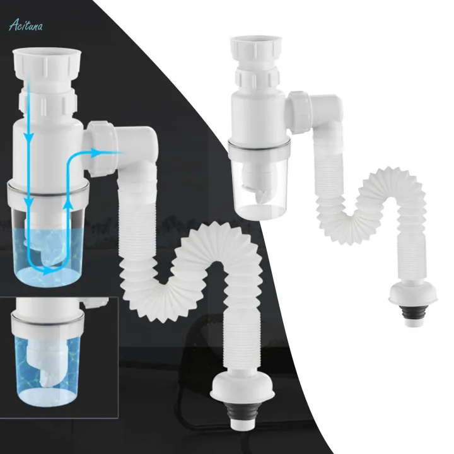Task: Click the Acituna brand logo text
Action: point(26,25)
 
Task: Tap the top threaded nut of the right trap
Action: point(255,49)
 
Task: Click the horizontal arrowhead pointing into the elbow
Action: point(96,153)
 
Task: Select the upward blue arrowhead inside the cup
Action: point(68,204)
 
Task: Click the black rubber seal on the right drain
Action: point(413,311)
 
